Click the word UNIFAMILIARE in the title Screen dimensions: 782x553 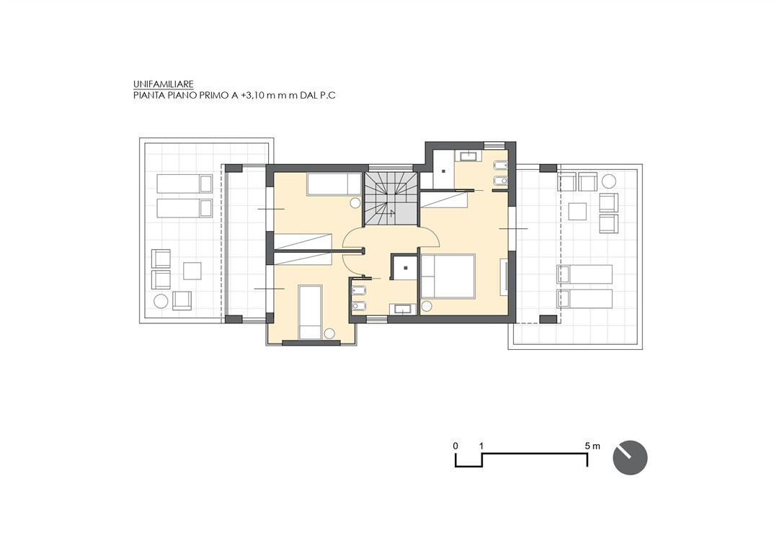(x=163, y=84)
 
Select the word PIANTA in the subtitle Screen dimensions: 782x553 (x=146, y=96)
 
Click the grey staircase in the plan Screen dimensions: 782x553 (x=390, y=199)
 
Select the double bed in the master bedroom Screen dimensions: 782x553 (x=448, y=276)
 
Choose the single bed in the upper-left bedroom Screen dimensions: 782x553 (x=334, y=184)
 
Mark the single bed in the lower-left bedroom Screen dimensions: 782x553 (x=310, y=312)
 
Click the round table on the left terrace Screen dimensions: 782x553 (x=161, y=301)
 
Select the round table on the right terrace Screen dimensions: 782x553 (x=608, y=180)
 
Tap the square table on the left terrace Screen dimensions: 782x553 (x=192, y=271)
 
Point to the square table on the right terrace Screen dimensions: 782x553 (x=577, y=211)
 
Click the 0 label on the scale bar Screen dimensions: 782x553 (x=456, y=446)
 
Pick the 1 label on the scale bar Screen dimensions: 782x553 (x=481, y=446)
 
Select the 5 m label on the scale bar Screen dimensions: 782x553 (x=592, y=446)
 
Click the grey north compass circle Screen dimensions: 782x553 (x=630, y=457)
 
